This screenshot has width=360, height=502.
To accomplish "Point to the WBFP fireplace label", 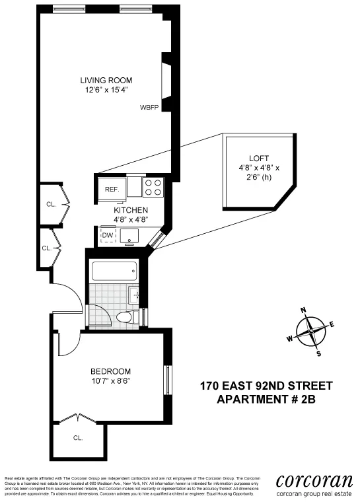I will pos(149,107).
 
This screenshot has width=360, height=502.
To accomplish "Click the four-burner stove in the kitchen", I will pos(153,188).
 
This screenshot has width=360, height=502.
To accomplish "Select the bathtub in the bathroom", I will pos(115,271).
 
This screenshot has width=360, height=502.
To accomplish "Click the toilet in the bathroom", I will pos(126,318).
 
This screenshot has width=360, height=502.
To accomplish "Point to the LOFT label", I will pos(259,158).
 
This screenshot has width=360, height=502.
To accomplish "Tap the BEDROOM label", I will pos(110,371).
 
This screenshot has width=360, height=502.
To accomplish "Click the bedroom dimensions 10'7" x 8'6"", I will pos(110,380).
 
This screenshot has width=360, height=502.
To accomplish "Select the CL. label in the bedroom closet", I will pos(77,437).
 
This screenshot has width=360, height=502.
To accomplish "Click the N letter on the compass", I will pos(303,310).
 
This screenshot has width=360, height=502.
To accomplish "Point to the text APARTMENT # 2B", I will pos(266,399).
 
